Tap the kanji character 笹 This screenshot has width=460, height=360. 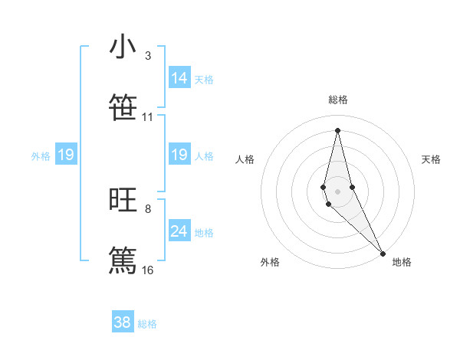(123, 107)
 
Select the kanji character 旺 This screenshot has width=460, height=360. (123, 201)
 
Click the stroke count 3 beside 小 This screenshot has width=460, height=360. (147, 56)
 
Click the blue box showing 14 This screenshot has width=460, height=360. (179, 78)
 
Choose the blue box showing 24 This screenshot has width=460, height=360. (179, 231)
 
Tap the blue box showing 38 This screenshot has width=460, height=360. (123, 322)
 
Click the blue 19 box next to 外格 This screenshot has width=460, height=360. (66, 155)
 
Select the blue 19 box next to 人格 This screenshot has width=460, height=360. (179, 155)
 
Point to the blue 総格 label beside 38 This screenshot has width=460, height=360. (147, 324)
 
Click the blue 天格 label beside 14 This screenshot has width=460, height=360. (204, 79)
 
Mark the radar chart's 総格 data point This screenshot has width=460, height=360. (337, 129)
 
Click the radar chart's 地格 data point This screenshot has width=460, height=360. (383, 253)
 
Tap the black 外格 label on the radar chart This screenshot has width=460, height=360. (270, 262)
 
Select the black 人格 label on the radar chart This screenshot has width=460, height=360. (245, 159)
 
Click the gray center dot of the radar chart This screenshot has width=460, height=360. (337, 191)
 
